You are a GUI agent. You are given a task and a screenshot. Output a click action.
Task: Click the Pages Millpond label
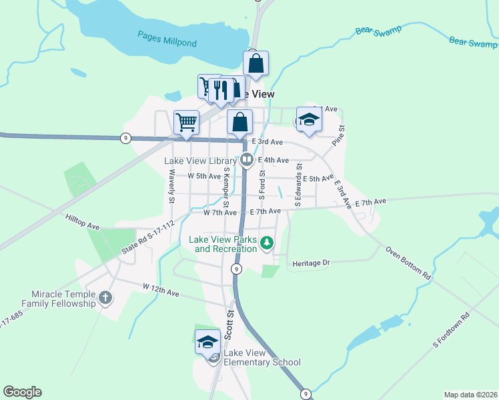pyautogui.click(x=167, y=38)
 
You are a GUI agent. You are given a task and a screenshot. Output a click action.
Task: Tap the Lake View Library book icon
pyautogui.click(x=246, y=160)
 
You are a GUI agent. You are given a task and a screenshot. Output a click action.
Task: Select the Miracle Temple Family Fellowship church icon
pyautogui.click(x=105, y=297)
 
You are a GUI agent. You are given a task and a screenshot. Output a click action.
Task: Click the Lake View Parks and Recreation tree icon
pyautogui.click(x=267, y=243)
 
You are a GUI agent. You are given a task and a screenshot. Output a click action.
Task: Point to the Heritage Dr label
pyautogui.click(x=312, y=263)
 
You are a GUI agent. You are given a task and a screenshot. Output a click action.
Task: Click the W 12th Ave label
pyautogui.click(x=161, y=289)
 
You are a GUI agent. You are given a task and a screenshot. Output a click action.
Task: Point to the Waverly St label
pyautogui.click(x=171, y=186)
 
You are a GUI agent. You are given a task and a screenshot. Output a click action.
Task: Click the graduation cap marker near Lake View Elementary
pyautogui.click(x=207, y=342)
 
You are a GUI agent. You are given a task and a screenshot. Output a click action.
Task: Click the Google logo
pyautogui.click(x=22, y=392)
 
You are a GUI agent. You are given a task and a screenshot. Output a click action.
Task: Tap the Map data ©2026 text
pyautogui.click(x=470, y=394)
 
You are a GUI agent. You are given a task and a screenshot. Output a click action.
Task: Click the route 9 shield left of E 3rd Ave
pyautogui.click(x=125, y=138)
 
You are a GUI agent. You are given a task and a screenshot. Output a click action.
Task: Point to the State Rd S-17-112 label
pyautogui.click(x=147, y=238)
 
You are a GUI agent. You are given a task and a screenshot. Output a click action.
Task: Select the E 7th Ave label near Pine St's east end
pyautogui.click(x=371, y=201)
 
